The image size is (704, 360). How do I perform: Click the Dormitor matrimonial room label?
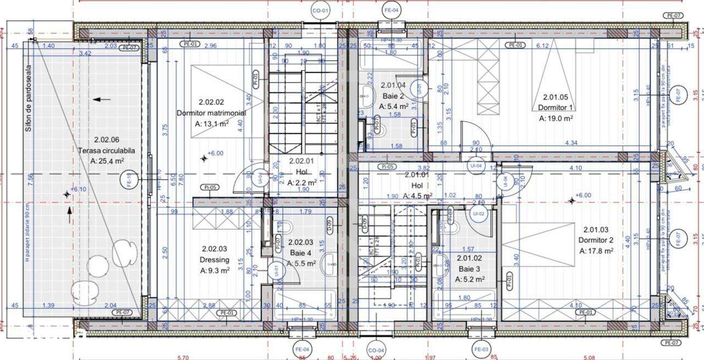(x=211, y=113)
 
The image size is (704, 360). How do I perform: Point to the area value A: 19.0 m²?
(x=556, y=118)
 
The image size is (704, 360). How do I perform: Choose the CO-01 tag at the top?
(x=321, y=10)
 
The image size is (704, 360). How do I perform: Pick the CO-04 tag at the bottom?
(x=376, y=350)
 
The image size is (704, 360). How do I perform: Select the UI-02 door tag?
(x=477, y=213)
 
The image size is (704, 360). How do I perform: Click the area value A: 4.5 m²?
(x=417, y=196)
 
